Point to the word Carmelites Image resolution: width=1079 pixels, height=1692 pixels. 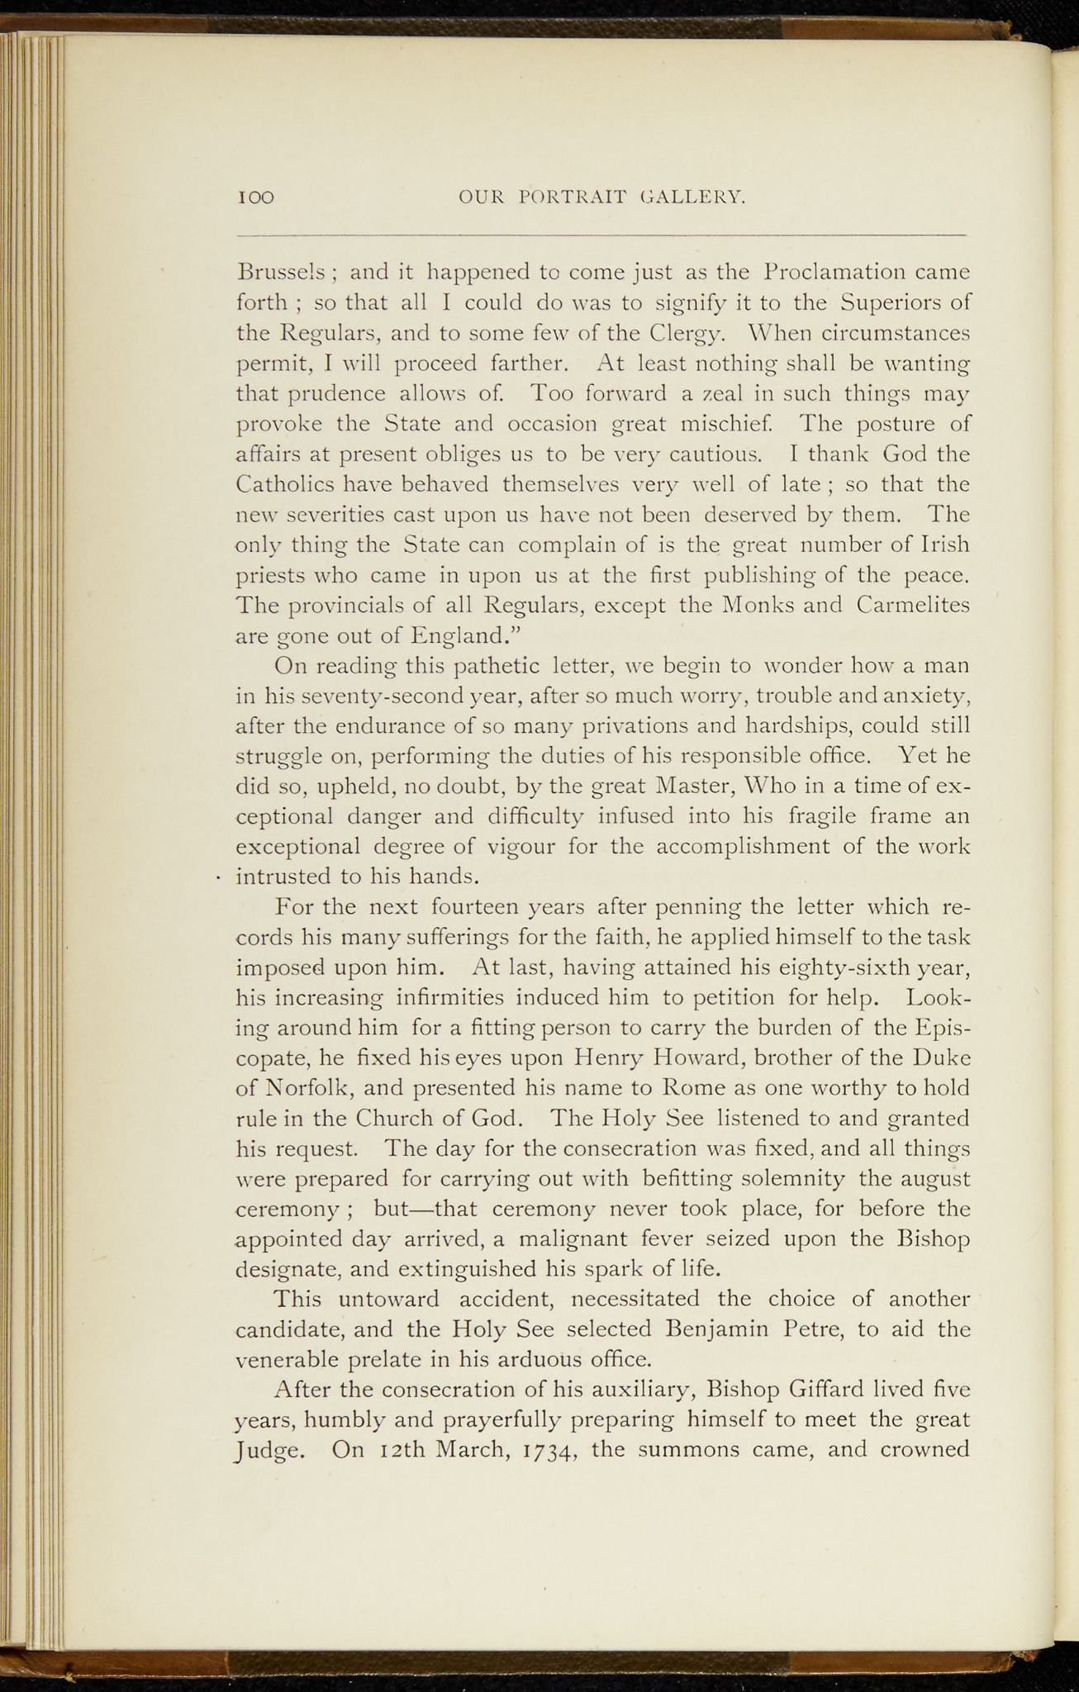[912, 605]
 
